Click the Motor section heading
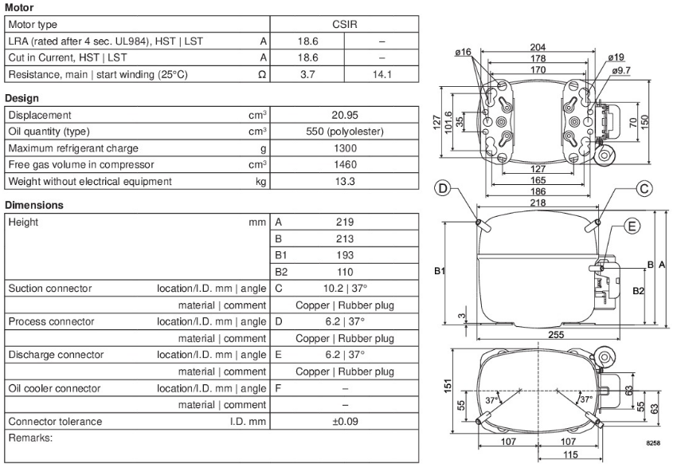coord(19,7)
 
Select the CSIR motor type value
coord(345,24)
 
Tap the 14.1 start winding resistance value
coord(382,74)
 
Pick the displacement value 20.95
coord(345,115)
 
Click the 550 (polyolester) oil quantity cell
coord(345,132)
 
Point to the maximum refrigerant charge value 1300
coord(345,148)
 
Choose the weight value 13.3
coord(345,181)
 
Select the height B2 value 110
coord(345,272)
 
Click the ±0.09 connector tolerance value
coord(345,421)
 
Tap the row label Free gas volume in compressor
coord(81,165)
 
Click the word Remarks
coord(30,438)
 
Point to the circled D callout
coord(443,188)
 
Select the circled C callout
coord(644,189)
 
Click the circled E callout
coord(632,226)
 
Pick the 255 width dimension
coord(556,335)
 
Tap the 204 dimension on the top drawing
coord(538,47)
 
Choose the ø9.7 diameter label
coord(621,70)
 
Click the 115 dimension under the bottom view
coord(570,454)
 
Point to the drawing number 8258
coord(653,443)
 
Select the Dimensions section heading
coord(34,205)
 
